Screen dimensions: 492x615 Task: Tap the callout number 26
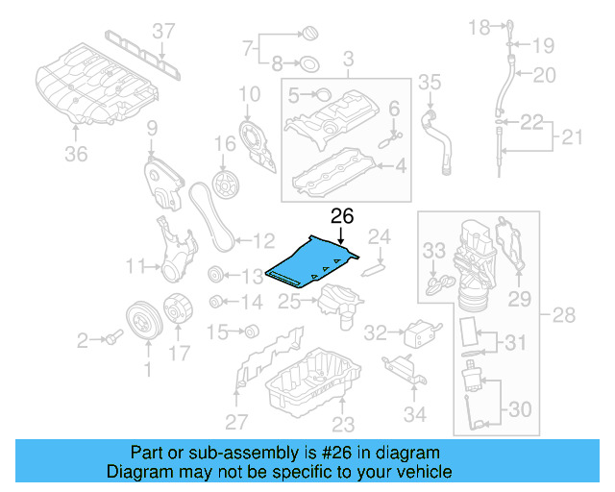342,218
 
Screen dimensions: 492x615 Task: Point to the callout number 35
430,82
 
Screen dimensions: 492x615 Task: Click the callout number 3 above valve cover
349,58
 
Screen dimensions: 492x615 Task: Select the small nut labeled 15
253,333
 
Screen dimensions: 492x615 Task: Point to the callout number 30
518,409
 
